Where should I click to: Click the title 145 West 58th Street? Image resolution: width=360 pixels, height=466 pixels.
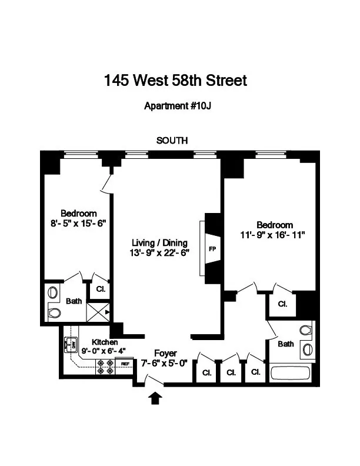point(175,80)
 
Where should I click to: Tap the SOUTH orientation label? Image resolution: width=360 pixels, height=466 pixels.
point(172,140)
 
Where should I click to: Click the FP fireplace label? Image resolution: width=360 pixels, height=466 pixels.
point(212,249)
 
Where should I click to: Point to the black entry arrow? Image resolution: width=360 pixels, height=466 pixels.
point(155,399)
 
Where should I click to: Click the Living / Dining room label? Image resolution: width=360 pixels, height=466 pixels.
point(159,242)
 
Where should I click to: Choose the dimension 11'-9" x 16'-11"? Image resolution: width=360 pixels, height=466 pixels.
point(274,234)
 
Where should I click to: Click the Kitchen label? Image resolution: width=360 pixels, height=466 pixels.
point(104,342)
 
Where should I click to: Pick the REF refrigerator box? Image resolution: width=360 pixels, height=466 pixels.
point(125,364)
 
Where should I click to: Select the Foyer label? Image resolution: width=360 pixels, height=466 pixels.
point(165,353)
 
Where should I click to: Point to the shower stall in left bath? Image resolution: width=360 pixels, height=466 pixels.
point(98,311)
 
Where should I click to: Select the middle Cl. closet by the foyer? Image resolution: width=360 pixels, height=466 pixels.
point(230,372)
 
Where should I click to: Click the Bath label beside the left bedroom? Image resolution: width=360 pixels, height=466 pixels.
point(74,301)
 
